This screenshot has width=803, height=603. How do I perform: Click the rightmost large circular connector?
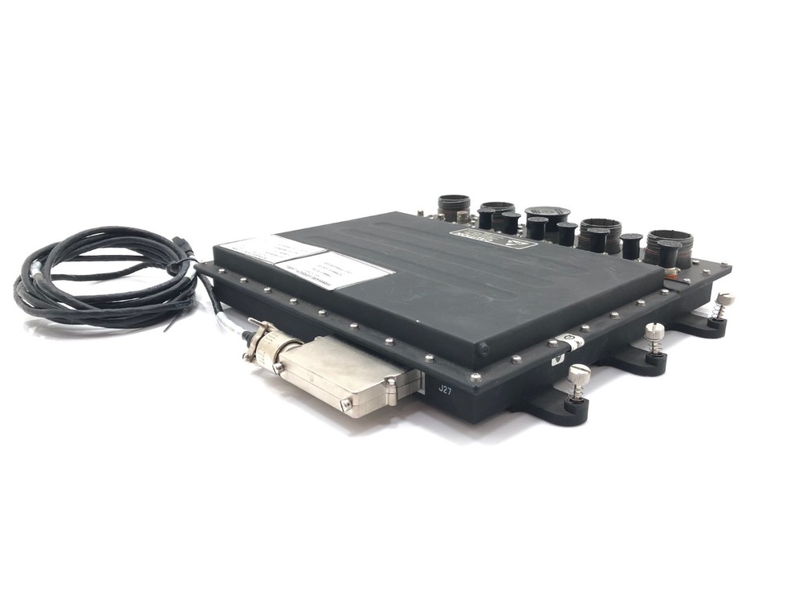[x=669, y=244]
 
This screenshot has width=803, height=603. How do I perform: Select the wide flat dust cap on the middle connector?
[x=547, y=214]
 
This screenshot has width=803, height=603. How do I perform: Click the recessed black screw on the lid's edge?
[x=483, y=351]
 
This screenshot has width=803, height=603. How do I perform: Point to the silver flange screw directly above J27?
[x=475, y=376]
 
